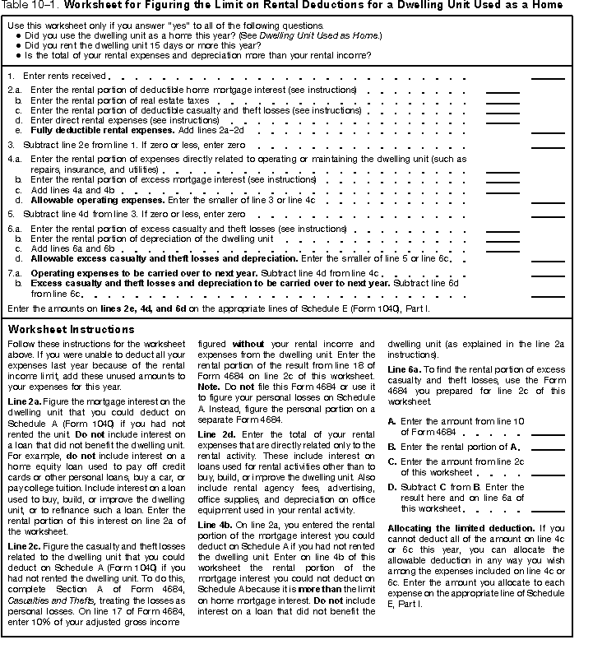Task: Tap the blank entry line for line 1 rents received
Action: pyautogui.click(x=547, y=77)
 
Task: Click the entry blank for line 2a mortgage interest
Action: pyautogui.click(x=503, y=91)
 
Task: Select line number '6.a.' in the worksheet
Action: pyautogui.click(x=14, y=229)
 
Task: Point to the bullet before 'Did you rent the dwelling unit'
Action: pyautogui.click(x=18, y=46)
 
